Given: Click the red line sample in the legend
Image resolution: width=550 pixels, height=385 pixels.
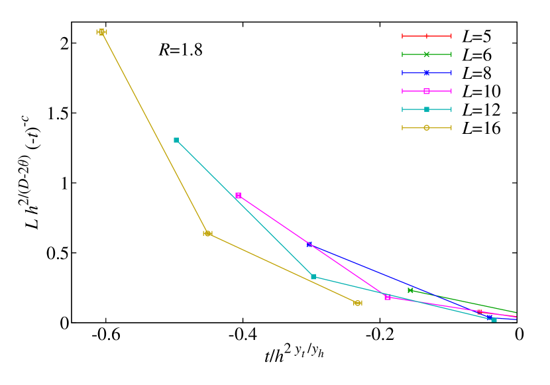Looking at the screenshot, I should (427, 36).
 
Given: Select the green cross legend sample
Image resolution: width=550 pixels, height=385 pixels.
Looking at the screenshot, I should (427, 54).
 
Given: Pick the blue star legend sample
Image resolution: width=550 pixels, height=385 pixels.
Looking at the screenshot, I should (427, 73).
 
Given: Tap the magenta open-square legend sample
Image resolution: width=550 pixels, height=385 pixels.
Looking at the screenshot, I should (427, 91).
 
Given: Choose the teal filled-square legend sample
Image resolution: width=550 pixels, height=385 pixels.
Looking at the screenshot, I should (427, 109).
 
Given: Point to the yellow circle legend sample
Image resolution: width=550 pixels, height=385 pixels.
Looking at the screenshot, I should (427, 128).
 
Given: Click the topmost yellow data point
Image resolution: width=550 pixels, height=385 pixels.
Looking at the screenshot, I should (101, 32).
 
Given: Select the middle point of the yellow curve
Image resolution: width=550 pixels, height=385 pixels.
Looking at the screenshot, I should (207, 233).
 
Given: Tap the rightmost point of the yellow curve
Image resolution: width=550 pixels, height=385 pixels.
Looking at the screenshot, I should (358, 303).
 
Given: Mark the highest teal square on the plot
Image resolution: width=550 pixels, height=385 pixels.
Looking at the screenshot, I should (176, 140).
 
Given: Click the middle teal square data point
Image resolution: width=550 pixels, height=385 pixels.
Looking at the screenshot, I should (313, 276).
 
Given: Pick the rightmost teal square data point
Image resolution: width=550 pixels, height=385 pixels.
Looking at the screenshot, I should (494, 319).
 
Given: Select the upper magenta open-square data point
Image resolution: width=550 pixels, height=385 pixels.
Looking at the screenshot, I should (239, 195).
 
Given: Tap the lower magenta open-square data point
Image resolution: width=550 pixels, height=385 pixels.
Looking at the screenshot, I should (388, 298).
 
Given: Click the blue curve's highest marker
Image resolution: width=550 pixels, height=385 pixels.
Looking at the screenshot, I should (309, 245).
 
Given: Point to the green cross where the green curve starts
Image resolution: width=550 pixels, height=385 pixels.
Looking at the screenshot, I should (410, 290).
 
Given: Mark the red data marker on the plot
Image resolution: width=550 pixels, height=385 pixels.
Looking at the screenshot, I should (480, 312).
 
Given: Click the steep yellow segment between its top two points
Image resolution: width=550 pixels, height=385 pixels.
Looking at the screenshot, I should (154, 133).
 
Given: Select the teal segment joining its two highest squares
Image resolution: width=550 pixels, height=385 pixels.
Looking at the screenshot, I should (245, 209).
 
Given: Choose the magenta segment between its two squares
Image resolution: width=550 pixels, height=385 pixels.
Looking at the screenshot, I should (313, 246).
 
